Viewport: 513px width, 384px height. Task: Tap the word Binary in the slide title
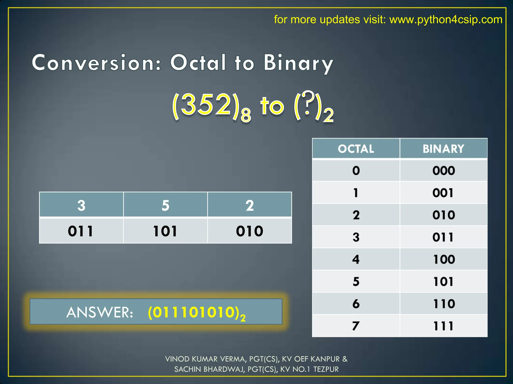[298, 63]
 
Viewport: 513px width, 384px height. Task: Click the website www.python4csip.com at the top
[446, 19]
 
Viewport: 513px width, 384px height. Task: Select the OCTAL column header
[356, 149]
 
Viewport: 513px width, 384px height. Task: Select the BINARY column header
[443, 149]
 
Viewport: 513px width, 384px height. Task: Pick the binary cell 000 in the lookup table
[443, 171]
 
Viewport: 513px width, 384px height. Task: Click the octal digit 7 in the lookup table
[356, 326]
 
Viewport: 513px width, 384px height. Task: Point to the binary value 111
[443, 326]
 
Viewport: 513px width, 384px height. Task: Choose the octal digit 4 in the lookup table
[356, 259]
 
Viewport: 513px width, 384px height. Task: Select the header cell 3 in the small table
[81, 205]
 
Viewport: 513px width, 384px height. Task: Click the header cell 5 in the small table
[165, 205]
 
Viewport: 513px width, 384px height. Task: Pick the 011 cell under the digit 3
[80, 231]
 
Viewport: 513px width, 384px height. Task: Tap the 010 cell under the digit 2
[249, 231]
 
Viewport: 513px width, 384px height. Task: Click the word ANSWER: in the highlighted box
[100, 312]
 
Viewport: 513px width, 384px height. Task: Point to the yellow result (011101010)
[194, 312]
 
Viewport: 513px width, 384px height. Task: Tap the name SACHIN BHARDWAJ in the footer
[209, 369]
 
